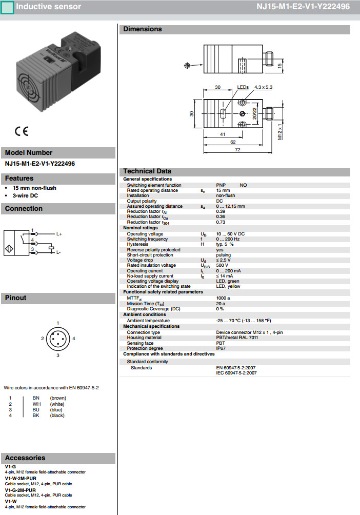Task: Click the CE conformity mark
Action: [x=22, y=131]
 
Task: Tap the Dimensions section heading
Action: [x=143, y=29]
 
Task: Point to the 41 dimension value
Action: [x=222, y=134]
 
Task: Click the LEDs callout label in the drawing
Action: [x=243, y=87]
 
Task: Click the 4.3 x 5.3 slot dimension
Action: [x=263, y=87]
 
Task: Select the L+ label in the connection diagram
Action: [x=59, y=234]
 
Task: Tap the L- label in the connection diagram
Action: [x=58, y=252]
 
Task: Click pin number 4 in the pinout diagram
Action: [x=74, y=339]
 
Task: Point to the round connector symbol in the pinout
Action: [x=57, y=339]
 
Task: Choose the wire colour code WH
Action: [x=36, y=404]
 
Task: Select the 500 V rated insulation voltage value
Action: [x=223, y=265]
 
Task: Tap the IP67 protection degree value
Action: [x=221, y=348]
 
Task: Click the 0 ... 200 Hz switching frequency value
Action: [x=228, y=239]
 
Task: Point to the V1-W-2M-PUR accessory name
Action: [x=21, y=478]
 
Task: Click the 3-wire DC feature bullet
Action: [x=26, y=195]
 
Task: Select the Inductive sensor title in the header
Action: [x=48, y=7]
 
